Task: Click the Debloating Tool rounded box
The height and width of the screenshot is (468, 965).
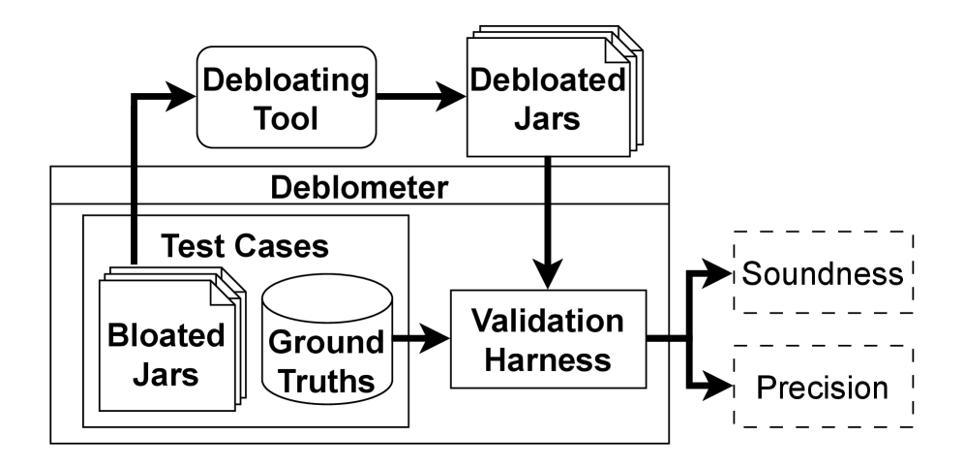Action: point(286,97)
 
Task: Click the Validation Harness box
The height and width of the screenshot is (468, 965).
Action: point(548,339)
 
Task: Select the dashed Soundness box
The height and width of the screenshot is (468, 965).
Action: point(823,272)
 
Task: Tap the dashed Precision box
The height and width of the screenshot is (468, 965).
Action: point(823,388)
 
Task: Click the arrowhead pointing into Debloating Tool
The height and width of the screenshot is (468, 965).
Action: point(183,96)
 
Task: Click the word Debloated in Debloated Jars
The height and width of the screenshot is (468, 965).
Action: point(547,79)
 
